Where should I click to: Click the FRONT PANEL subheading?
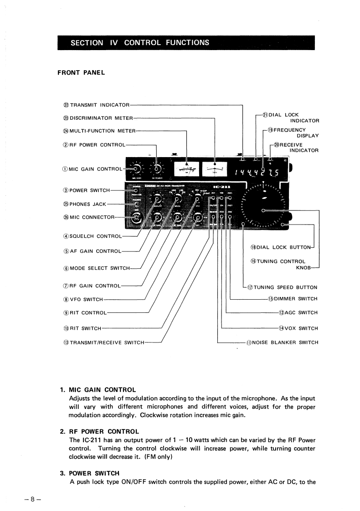click(x=81, y=72)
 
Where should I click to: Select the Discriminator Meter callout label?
click(x=98, y=118)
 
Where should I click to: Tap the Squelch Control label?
click(x=93, y=236)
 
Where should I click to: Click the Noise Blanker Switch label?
click(x=282, y=342)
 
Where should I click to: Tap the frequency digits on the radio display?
click(x=257, y=172)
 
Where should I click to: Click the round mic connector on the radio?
click(x=135, y=219)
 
